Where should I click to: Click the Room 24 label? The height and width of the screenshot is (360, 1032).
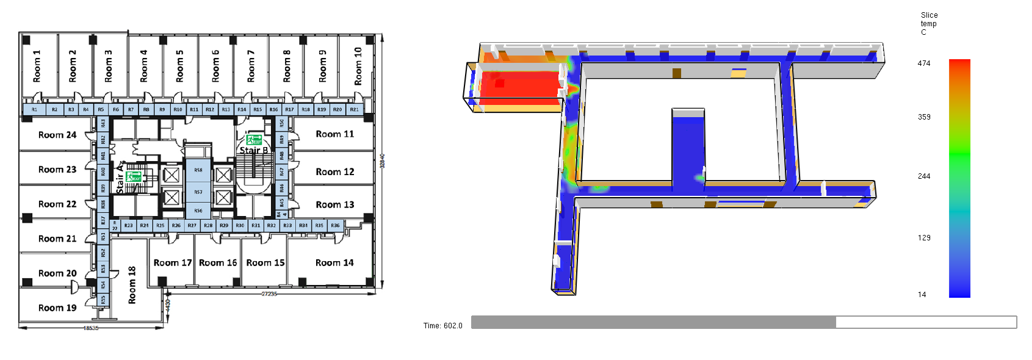57,135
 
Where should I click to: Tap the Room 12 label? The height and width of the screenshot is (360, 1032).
334,172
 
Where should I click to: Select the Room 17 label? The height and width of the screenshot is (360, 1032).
173,263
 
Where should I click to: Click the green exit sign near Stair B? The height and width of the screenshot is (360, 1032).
254,140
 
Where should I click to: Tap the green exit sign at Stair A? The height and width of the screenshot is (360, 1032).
133,177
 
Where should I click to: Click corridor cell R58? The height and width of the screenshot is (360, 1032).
198,170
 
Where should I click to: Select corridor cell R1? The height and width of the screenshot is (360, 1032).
34,110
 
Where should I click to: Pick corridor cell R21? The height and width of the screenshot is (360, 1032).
355,110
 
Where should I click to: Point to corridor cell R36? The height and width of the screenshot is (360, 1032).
335,226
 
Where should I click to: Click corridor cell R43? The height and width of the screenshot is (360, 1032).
103,124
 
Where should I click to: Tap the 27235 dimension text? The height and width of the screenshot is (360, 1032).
269,294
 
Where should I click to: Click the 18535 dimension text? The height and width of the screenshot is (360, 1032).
90,328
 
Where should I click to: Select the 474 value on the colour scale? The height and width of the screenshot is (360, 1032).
924,63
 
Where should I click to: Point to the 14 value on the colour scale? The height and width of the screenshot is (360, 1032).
922,295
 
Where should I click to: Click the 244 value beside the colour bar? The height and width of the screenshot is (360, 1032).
924,176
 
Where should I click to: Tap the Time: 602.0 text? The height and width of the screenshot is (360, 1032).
443,326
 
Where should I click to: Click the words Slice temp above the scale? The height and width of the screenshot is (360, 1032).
929,20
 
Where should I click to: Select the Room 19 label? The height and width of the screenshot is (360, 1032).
57,308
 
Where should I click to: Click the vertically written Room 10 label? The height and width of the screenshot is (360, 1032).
358,67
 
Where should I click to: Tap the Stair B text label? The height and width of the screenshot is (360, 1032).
253,150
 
